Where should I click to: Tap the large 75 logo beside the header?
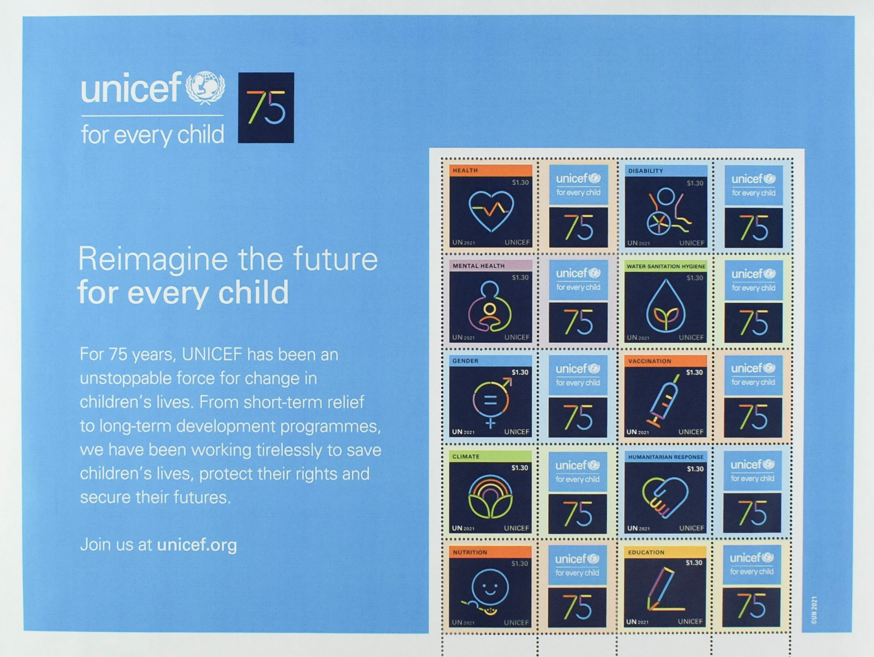[x=266, y=107]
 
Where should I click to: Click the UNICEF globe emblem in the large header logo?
[x=206, y=88]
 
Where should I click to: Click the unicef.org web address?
[x=197, y=545]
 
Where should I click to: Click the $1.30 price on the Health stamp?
[x=520, y=182]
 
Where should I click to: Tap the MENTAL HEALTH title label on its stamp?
[x=478, y=266]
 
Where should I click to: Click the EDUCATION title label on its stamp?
[x=646, y=552]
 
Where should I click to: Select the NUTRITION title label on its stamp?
[x=470, y=552]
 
